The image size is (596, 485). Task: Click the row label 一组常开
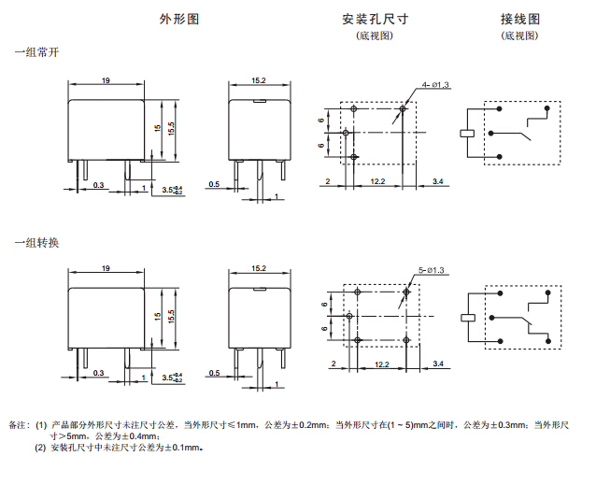(36, 54)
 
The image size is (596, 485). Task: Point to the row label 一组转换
(36, 244)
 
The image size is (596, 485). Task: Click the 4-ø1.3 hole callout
(435, 85)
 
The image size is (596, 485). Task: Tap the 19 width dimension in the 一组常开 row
(106, 82)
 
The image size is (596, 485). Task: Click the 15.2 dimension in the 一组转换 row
(259, 269)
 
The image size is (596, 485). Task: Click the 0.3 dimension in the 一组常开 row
(99, 185)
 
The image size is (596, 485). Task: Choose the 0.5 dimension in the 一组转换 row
(214, 373)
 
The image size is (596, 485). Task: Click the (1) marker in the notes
(41, 425)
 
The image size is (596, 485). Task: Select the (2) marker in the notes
(41, 448)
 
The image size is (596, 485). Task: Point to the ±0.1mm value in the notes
(182, 448)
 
